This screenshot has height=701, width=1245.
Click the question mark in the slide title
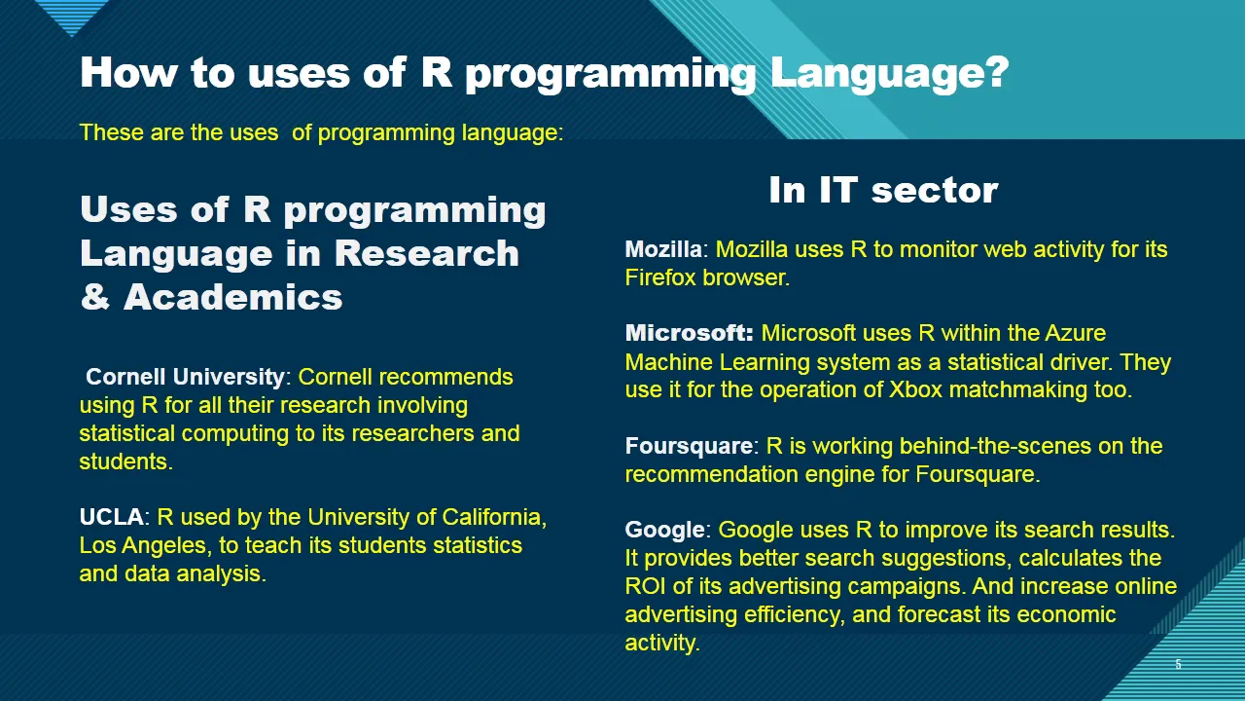tap(993, 72)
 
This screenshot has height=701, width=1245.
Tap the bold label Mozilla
tap(663, 249)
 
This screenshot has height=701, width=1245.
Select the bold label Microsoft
tap(690, 333)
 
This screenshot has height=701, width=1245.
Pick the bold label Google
tap(664, 531)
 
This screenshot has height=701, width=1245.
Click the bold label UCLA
tap(112, 517)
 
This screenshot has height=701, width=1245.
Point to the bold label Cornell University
tap(185, 377)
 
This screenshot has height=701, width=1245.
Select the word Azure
tap(1076, 333)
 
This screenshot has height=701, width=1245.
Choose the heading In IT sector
tap(884, 190)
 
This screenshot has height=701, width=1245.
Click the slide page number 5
tap(1178, 664)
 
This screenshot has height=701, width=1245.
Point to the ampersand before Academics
tap(95, 297)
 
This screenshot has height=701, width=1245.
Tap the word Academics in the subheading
tap(232, 297)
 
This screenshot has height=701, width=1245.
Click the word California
tap(494, 517)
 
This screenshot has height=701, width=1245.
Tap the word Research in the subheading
tap(427, 253)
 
